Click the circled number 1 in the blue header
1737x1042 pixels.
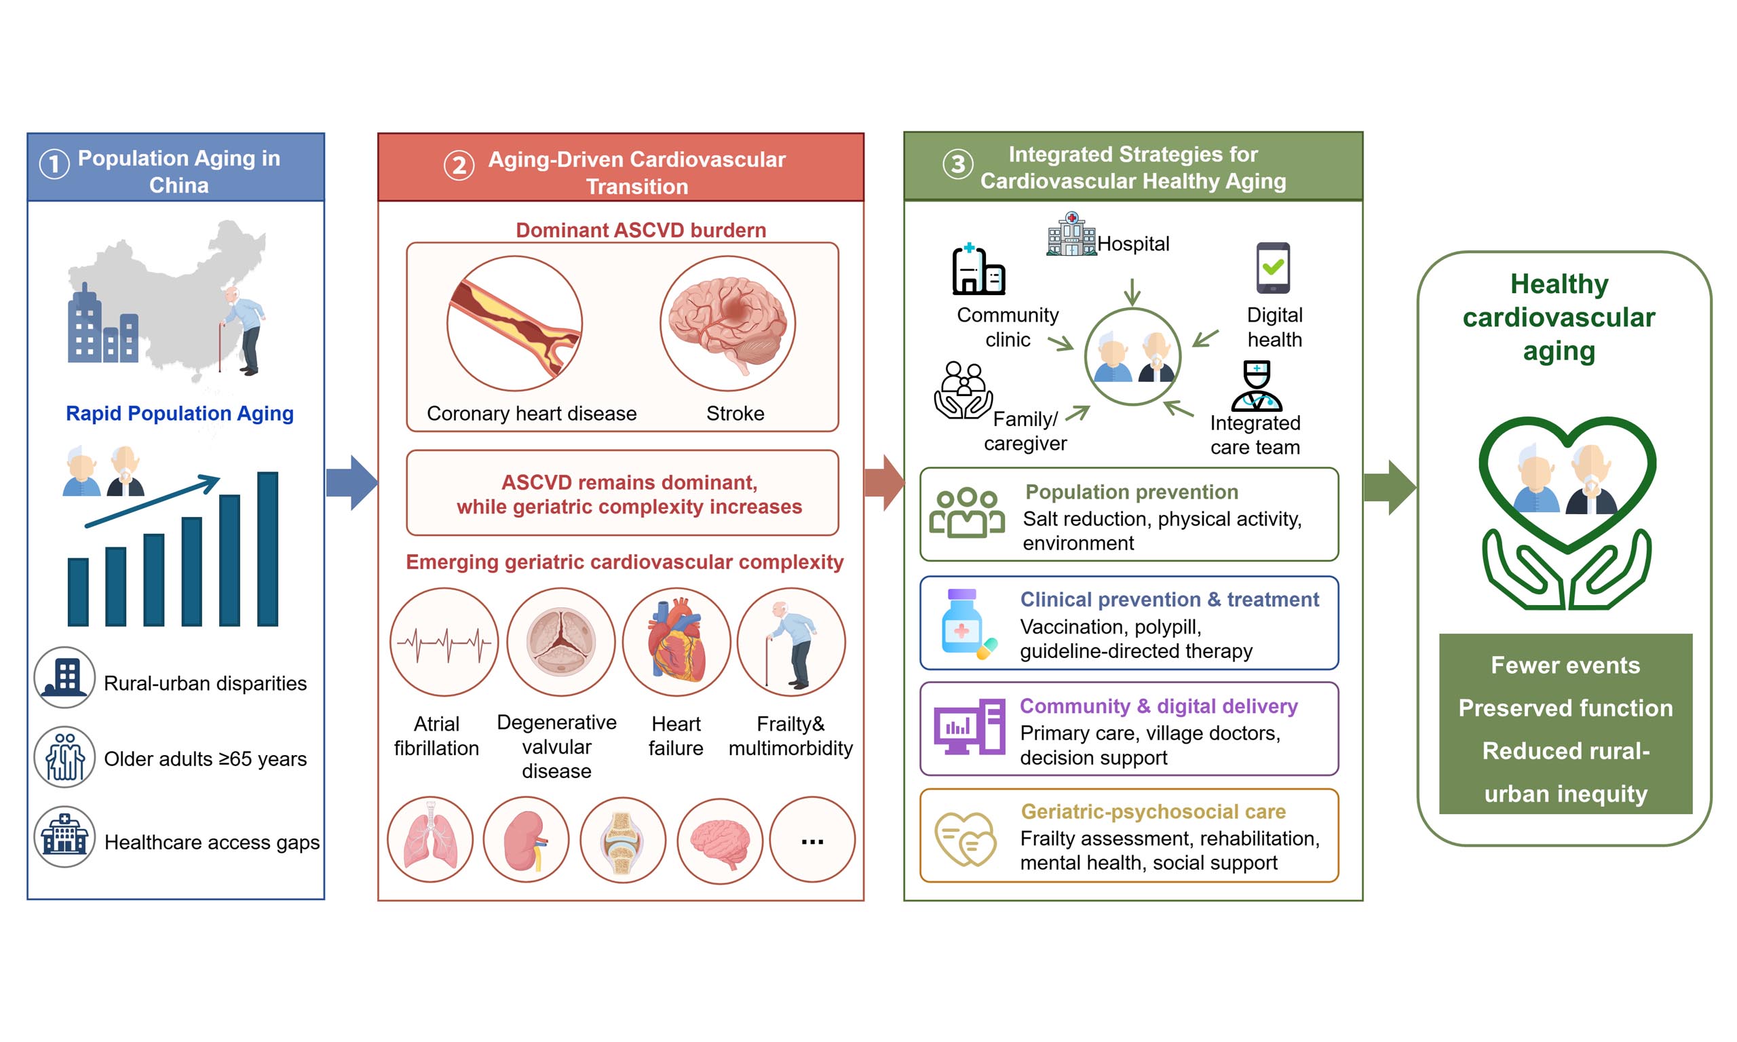pos(54,164)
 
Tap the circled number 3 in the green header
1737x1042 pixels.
pos(957,164)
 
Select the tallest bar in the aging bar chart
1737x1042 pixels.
pos(267,548)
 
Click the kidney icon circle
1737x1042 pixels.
pos(526,839)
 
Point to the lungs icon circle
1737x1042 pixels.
pos(430,839)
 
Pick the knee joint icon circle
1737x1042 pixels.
pos(623,839)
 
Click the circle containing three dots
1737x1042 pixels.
pos(812,839)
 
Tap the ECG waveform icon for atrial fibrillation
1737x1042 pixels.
pos(444,642)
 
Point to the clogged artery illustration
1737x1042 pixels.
pos(514,324)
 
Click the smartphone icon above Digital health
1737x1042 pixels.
pos(1273,267)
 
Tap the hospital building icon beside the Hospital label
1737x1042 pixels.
pos(1071,234)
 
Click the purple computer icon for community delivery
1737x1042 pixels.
pos(969,727)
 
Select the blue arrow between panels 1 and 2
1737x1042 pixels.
pos(352,482)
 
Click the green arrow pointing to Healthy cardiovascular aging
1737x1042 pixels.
pos(1390,487)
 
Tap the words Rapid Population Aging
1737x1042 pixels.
pos(180,413)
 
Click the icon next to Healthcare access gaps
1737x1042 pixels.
pos(64,836)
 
